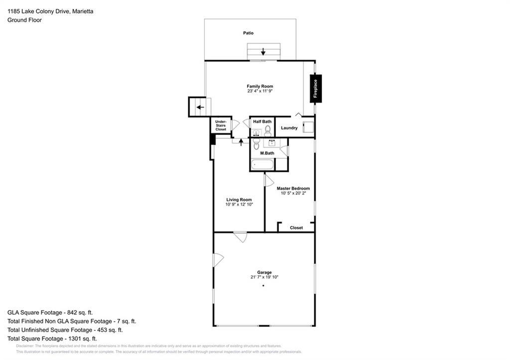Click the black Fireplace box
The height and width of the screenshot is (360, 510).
(315, 89)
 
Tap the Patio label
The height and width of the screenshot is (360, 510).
(248, 33)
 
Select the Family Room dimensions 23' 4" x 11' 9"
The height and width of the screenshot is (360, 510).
(259, 91)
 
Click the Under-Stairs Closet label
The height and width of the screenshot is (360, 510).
(221, 125)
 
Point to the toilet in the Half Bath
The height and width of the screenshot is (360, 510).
(267, 131)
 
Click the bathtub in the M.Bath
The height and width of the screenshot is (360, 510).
(262, 164)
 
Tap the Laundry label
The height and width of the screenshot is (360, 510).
(289, 128)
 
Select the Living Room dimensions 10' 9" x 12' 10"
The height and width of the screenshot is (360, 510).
(239, 205)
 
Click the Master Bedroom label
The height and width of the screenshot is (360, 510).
(293, 188)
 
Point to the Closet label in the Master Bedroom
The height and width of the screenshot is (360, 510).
(296, 228)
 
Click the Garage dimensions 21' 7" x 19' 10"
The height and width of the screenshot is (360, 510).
(264, 277)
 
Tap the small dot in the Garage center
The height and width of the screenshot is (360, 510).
(263, 285)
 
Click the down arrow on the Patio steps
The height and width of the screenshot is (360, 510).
(263, 52)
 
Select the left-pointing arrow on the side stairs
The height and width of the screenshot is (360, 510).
(200, 107)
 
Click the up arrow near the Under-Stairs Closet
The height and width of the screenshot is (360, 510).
(241, 142)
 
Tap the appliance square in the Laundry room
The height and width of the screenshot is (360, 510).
(308, 127)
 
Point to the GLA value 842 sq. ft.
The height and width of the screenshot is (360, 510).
(80, 313)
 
